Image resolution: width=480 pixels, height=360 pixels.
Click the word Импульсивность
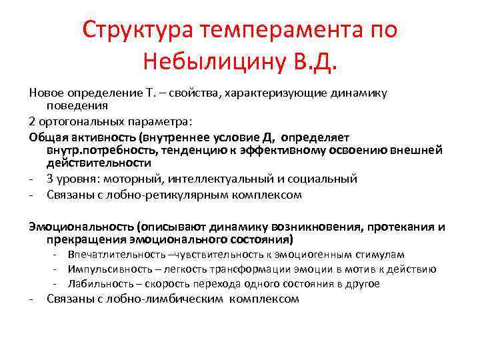click(x=109, y=269)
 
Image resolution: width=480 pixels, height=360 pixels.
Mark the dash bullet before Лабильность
click(x=61, y=283)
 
